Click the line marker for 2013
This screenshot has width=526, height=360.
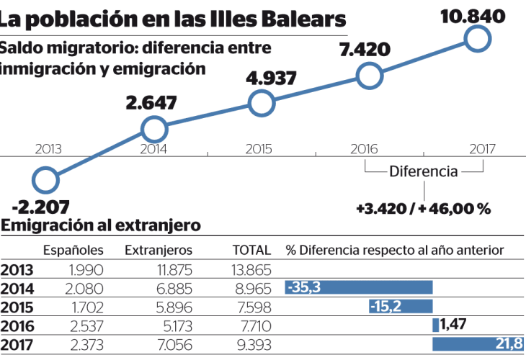click(x=45, y=180)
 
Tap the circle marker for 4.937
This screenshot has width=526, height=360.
click(x=262, y=104)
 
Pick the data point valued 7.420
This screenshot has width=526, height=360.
click(x=369, y=76)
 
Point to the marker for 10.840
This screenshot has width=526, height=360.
click(x=478, y=38)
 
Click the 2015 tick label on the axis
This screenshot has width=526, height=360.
click(x=258, y=150)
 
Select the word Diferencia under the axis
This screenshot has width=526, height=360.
click(x=423, y=171)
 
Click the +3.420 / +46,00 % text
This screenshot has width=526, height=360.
click(x=423, y=209)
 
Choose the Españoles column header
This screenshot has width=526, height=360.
click(x=73, y=250)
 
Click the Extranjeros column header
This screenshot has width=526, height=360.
click(x=159, y=250)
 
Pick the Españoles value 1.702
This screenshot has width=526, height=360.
click(x=89, y=306)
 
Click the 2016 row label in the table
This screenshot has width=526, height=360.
click(x=17, y=325)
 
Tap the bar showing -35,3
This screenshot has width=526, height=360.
click(x=359, y=288)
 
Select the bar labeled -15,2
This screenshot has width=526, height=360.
click(x=400, y=306)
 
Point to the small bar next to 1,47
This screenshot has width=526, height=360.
click(x=435, y=325)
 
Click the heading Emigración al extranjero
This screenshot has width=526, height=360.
click(x=100, y=226)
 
